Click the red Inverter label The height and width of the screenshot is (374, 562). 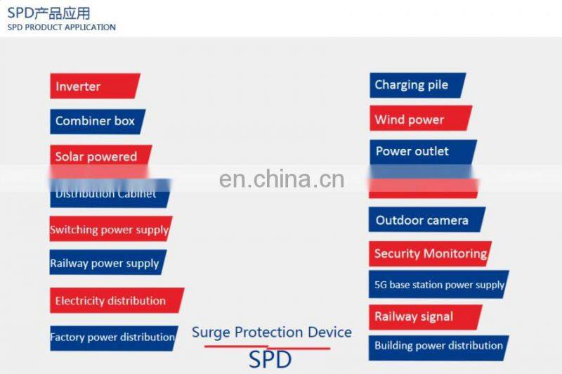93,86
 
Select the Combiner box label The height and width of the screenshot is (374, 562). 96,121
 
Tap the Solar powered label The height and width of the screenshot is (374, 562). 98,156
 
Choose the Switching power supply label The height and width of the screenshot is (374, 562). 109,230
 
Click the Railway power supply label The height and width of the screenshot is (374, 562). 105,264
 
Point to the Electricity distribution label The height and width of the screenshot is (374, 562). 112,301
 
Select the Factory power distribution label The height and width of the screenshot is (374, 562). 112,337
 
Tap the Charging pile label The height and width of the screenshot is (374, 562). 414,85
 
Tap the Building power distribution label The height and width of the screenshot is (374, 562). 438,346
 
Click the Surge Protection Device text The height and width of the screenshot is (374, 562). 271,333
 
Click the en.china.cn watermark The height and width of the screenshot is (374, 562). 281,179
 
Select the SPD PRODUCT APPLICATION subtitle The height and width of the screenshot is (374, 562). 62,27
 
